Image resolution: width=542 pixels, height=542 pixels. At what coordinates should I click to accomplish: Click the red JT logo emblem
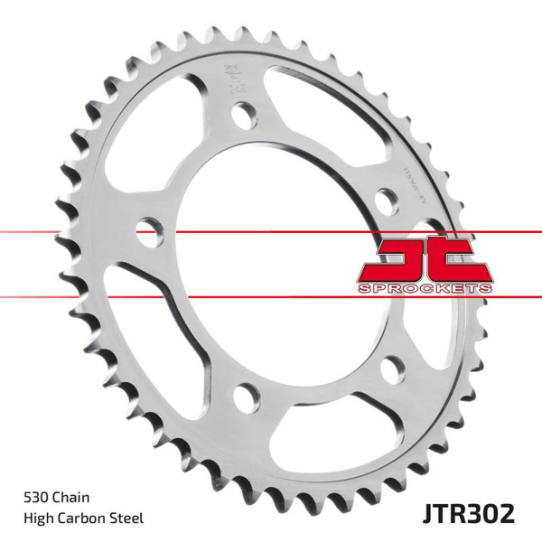pyautogui.click(x=424, y=258)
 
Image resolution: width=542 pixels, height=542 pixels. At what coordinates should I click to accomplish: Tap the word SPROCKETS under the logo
pyautogui.click(x=425, y=286)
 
